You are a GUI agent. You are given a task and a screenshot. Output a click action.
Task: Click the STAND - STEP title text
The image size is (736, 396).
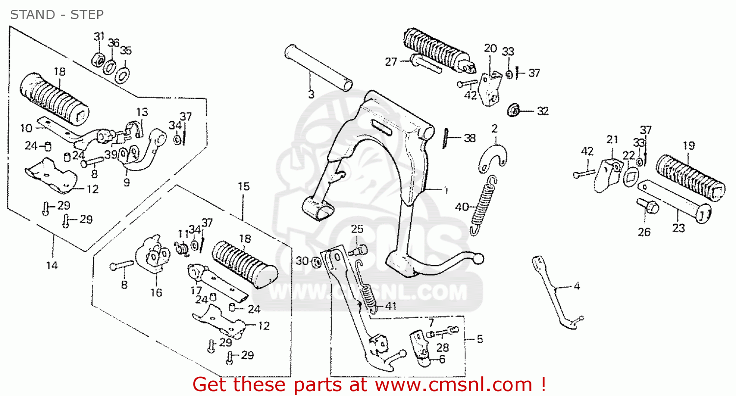[57, 15]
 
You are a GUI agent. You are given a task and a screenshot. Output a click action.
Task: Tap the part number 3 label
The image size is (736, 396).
[311, 94]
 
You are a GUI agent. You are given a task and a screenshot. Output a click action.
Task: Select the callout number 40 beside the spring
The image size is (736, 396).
[462, 207]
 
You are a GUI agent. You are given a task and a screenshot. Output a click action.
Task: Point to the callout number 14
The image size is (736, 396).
[52, 265]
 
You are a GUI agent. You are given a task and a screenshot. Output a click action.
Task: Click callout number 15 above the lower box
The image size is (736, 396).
[243, 186]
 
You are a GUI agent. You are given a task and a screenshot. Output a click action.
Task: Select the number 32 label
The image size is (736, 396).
[543, 111]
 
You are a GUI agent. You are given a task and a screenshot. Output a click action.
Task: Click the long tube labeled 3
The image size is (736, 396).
[318, 68]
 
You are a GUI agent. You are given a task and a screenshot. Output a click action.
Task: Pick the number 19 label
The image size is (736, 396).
[689, 146]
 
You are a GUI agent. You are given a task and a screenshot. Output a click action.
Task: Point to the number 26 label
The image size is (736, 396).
[644, 232]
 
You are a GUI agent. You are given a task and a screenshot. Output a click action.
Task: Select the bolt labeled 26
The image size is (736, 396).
[648, 207]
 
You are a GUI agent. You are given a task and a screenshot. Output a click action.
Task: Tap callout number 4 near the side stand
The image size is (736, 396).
[577, 286]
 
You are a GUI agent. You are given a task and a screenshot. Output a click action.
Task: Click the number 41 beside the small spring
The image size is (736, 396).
[391, 306]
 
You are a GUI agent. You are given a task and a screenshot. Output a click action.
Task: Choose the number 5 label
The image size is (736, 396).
[480, 339]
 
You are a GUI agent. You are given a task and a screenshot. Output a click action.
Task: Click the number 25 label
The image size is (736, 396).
[357, 229]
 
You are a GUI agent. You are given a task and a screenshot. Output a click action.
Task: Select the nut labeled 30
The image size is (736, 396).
[316, 262]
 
